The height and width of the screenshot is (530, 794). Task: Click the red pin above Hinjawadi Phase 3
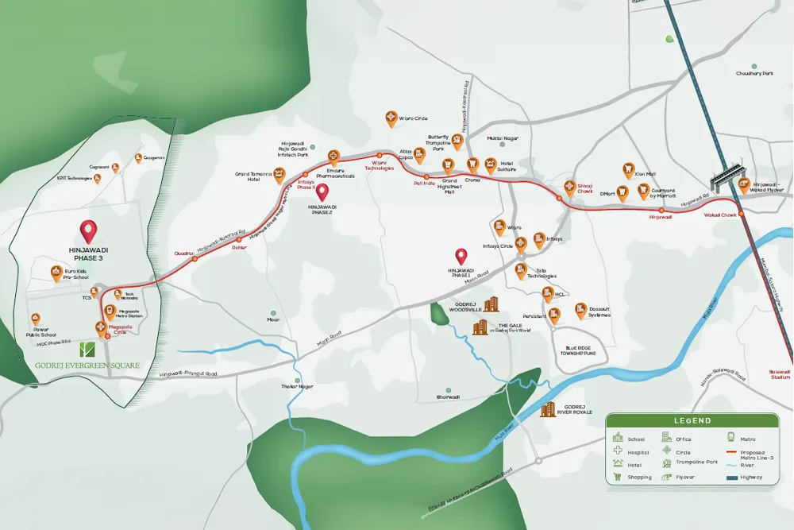88,231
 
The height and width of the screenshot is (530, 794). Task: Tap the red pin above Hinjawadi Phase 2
322,192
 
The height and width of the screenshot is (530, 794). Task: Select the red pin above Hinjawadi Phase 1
461,257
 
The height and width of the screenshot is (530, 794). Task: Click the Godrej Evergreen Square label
87,366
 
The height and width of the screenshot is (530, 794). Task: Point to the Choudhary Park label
754,73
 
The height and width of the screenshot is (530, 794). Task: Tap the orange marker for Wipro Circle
391,118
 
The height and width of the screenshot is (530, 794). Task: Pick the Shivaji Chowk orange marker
569,188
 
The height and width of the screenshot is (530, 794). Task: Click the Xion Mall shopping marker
628,169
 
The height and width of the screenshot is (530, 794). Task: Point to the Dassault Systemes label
599,312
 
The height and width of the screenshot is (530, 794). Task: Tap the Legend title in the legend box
688,420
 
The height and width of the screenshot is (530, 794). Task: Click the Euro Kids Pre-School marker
56,273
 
